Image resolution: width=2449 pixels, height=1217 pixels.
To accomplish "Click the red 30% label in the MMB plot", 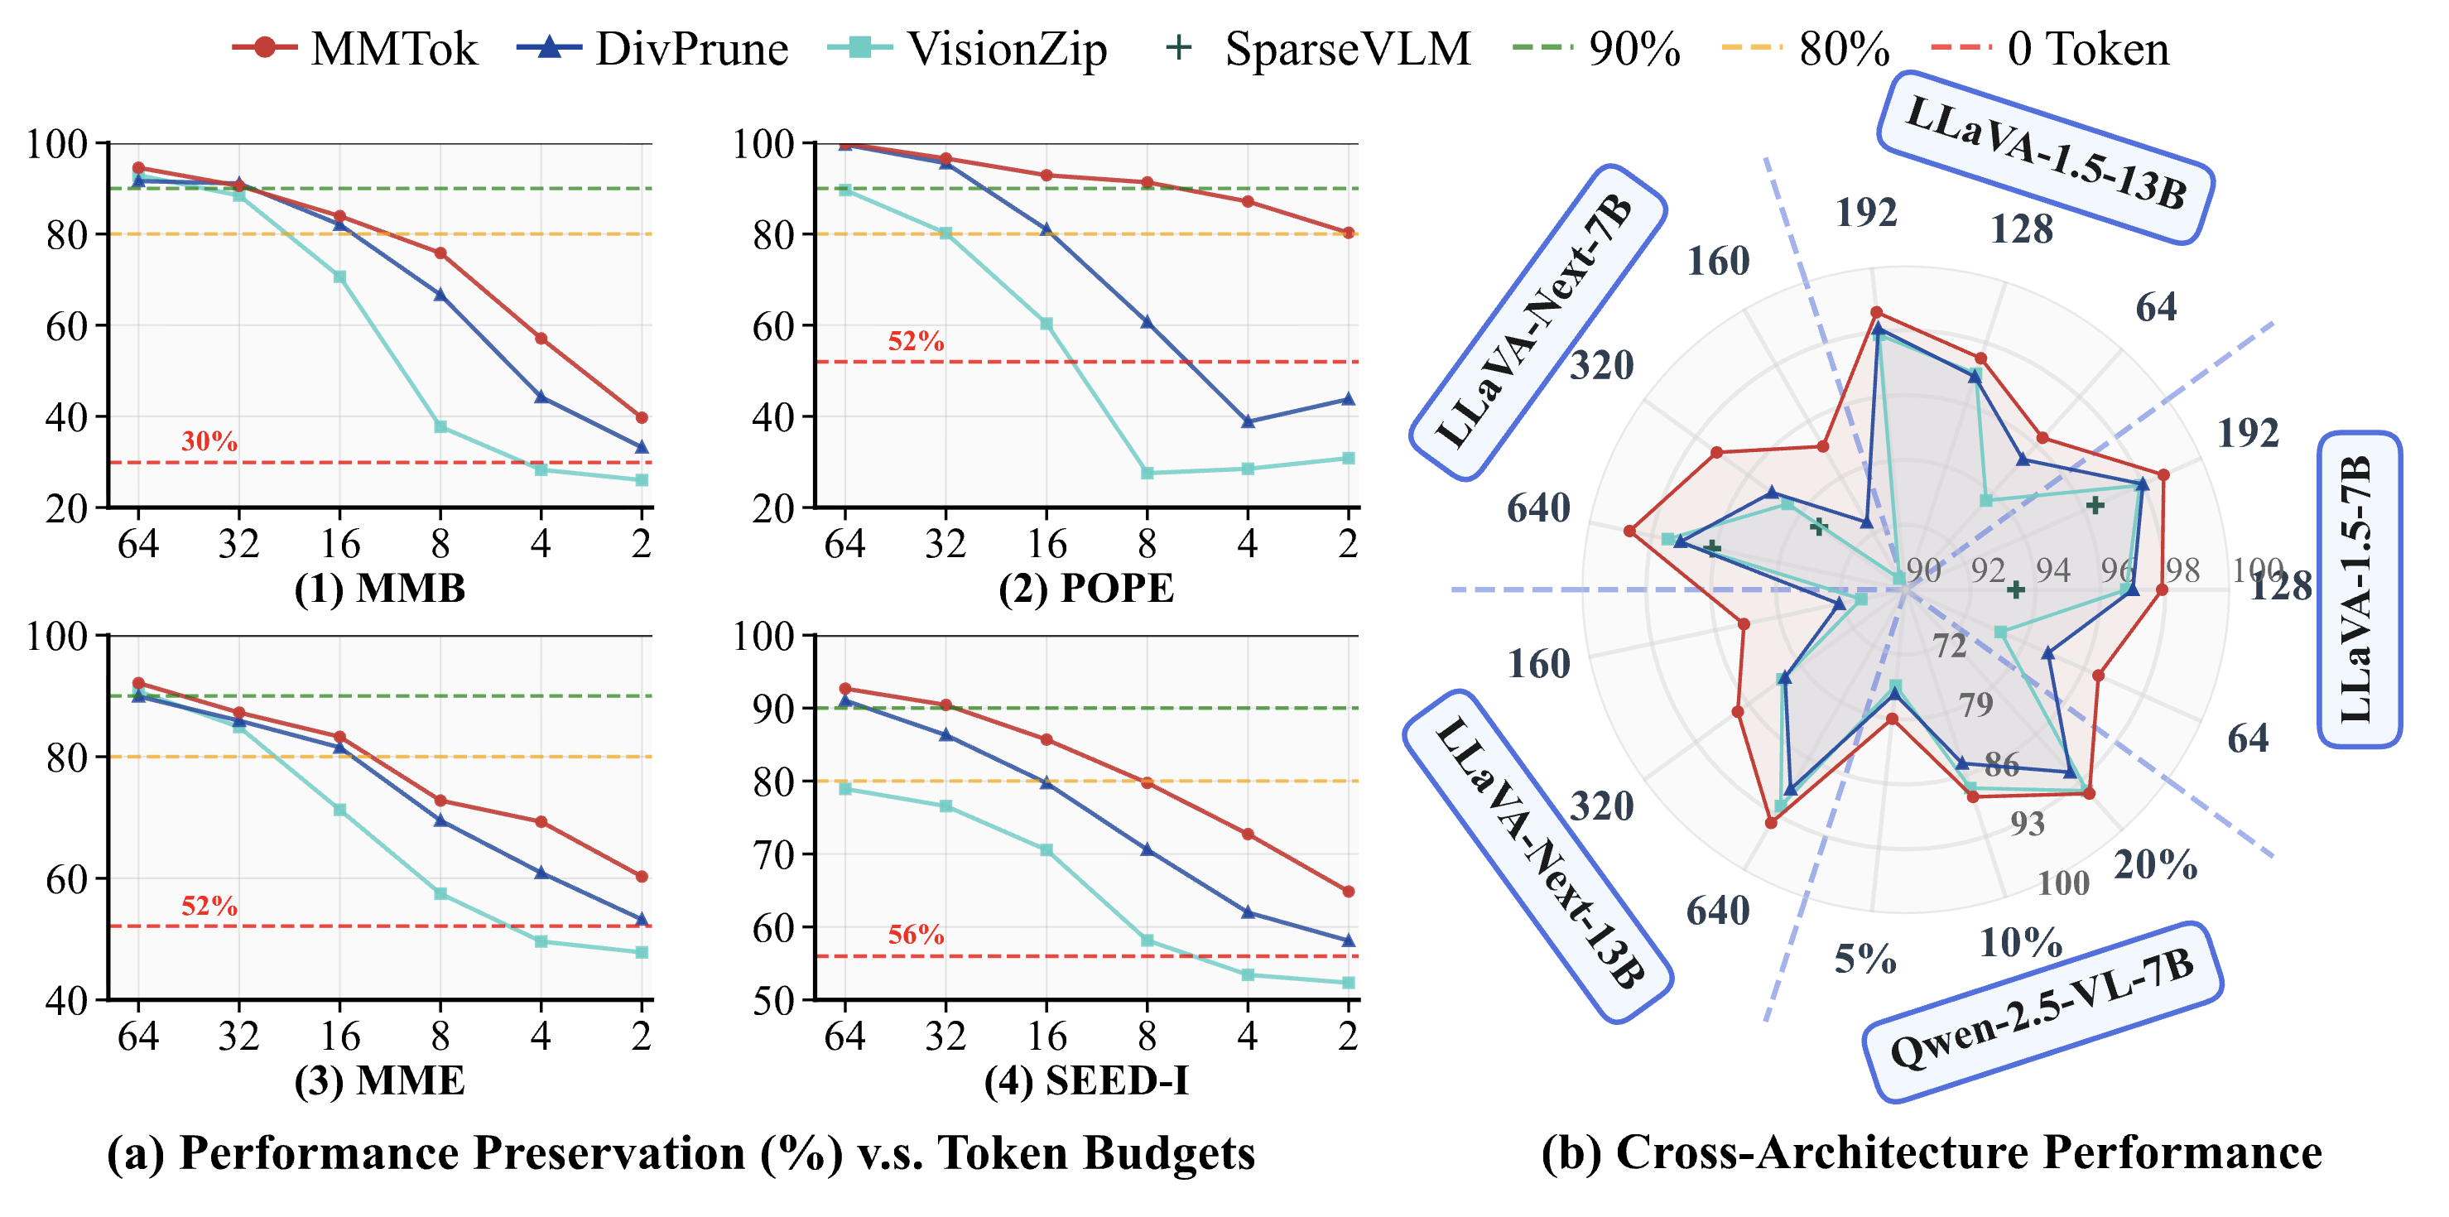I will point(209,441).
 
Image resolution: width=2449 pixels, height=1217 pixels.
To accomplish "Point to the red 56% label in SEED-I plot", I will point(916,935).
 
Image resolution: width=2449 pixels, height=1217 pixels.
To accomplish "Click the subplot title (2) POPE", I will point(1085,588).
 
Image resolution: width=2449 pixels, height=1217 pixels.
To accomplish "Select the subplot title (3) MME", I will point(379,1080).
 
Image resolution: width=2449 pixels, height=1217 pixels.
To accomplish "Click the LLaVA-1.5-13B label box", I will point(2046,156).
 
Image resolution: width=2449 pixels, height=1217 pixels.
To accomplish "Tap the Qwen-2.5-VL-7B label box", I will point(2041,1011).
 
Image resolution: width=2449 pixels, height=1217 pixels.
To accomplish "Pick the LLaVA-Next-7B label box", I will point(1537,321).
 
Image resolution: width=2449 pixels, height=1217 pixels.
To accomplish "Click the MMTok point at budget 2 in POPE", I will point(1348,233).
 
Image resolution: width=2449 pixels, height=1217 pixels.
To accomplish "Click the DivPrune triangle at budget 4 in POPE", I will point(1248,421).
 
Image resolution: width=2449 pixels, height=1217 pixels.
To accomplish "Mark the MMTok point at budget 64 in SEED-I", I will point(845,688).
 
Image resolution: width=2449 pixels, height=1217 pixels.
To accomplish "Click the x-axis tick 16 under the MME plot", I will point(339,1036).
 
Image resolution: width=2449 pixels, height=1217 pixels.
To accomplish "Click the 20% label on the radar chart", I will point(2154,864).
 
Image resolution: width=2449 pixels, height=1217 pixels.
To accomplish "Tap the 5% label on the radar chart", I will point(1864,959).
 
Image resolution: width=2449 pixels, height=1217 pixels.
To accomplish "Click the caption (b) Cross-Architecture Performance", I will point(1931,1152).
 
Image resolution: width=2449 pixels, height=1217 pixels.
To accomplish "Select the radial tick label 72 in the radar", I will point(1949,646).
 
